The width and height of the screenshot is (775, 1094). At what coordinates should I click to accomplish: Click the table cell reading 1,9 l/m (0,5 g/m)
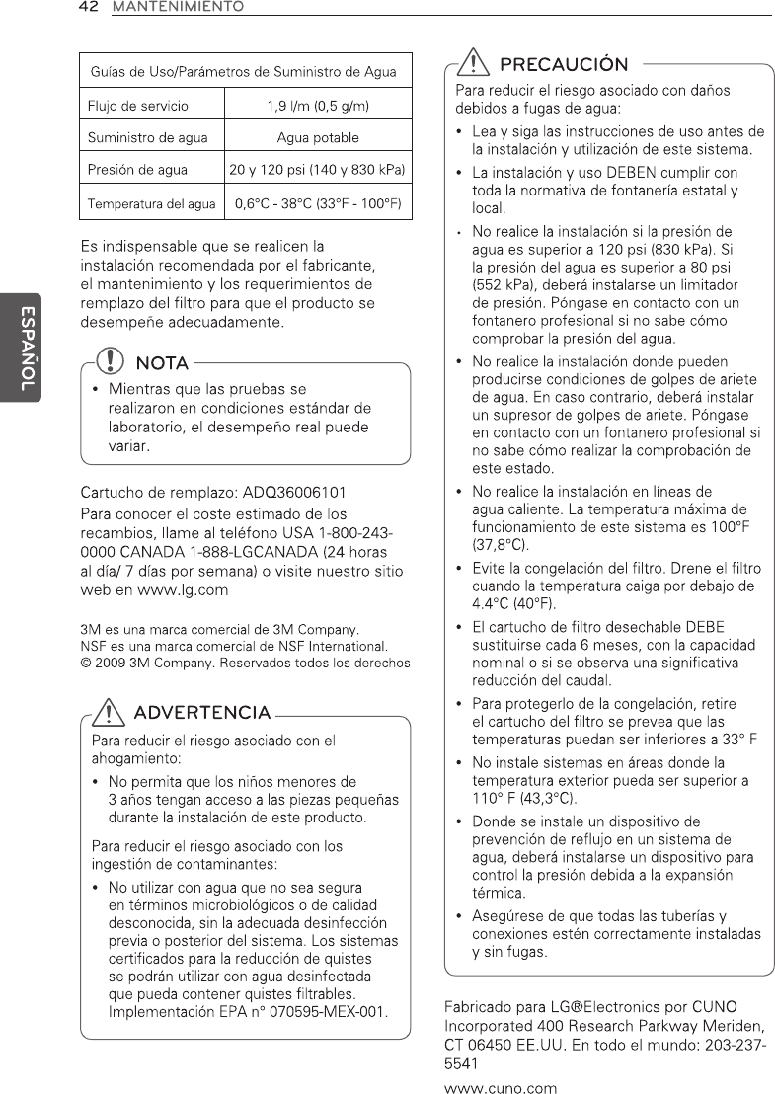point(318,104)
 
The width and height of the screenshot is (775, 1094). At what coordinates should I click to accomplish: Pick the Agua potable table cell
point(318,137)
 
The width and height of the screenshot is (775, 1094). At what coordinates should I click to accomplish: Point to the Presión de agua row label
point(137,170)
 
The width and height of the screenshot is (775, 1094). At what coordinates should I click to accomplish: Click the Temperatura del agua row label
point(151,204)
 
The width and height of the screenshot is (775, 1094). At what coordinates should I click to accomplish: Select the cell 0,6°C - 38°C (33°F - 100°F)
point(318,204)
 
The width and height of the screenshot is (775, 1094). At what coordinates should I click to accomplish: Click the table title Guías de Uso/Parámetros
point(244,71)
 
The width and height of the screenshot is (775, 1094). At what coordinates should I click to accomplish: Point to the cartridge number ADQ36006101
point(297,492)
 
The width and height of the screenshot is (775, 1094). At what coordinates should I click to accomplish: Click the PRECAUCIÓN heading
point(564,66)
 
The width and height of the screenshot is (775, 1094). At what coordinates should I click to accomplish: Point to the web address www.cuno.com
point(502,1088)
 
